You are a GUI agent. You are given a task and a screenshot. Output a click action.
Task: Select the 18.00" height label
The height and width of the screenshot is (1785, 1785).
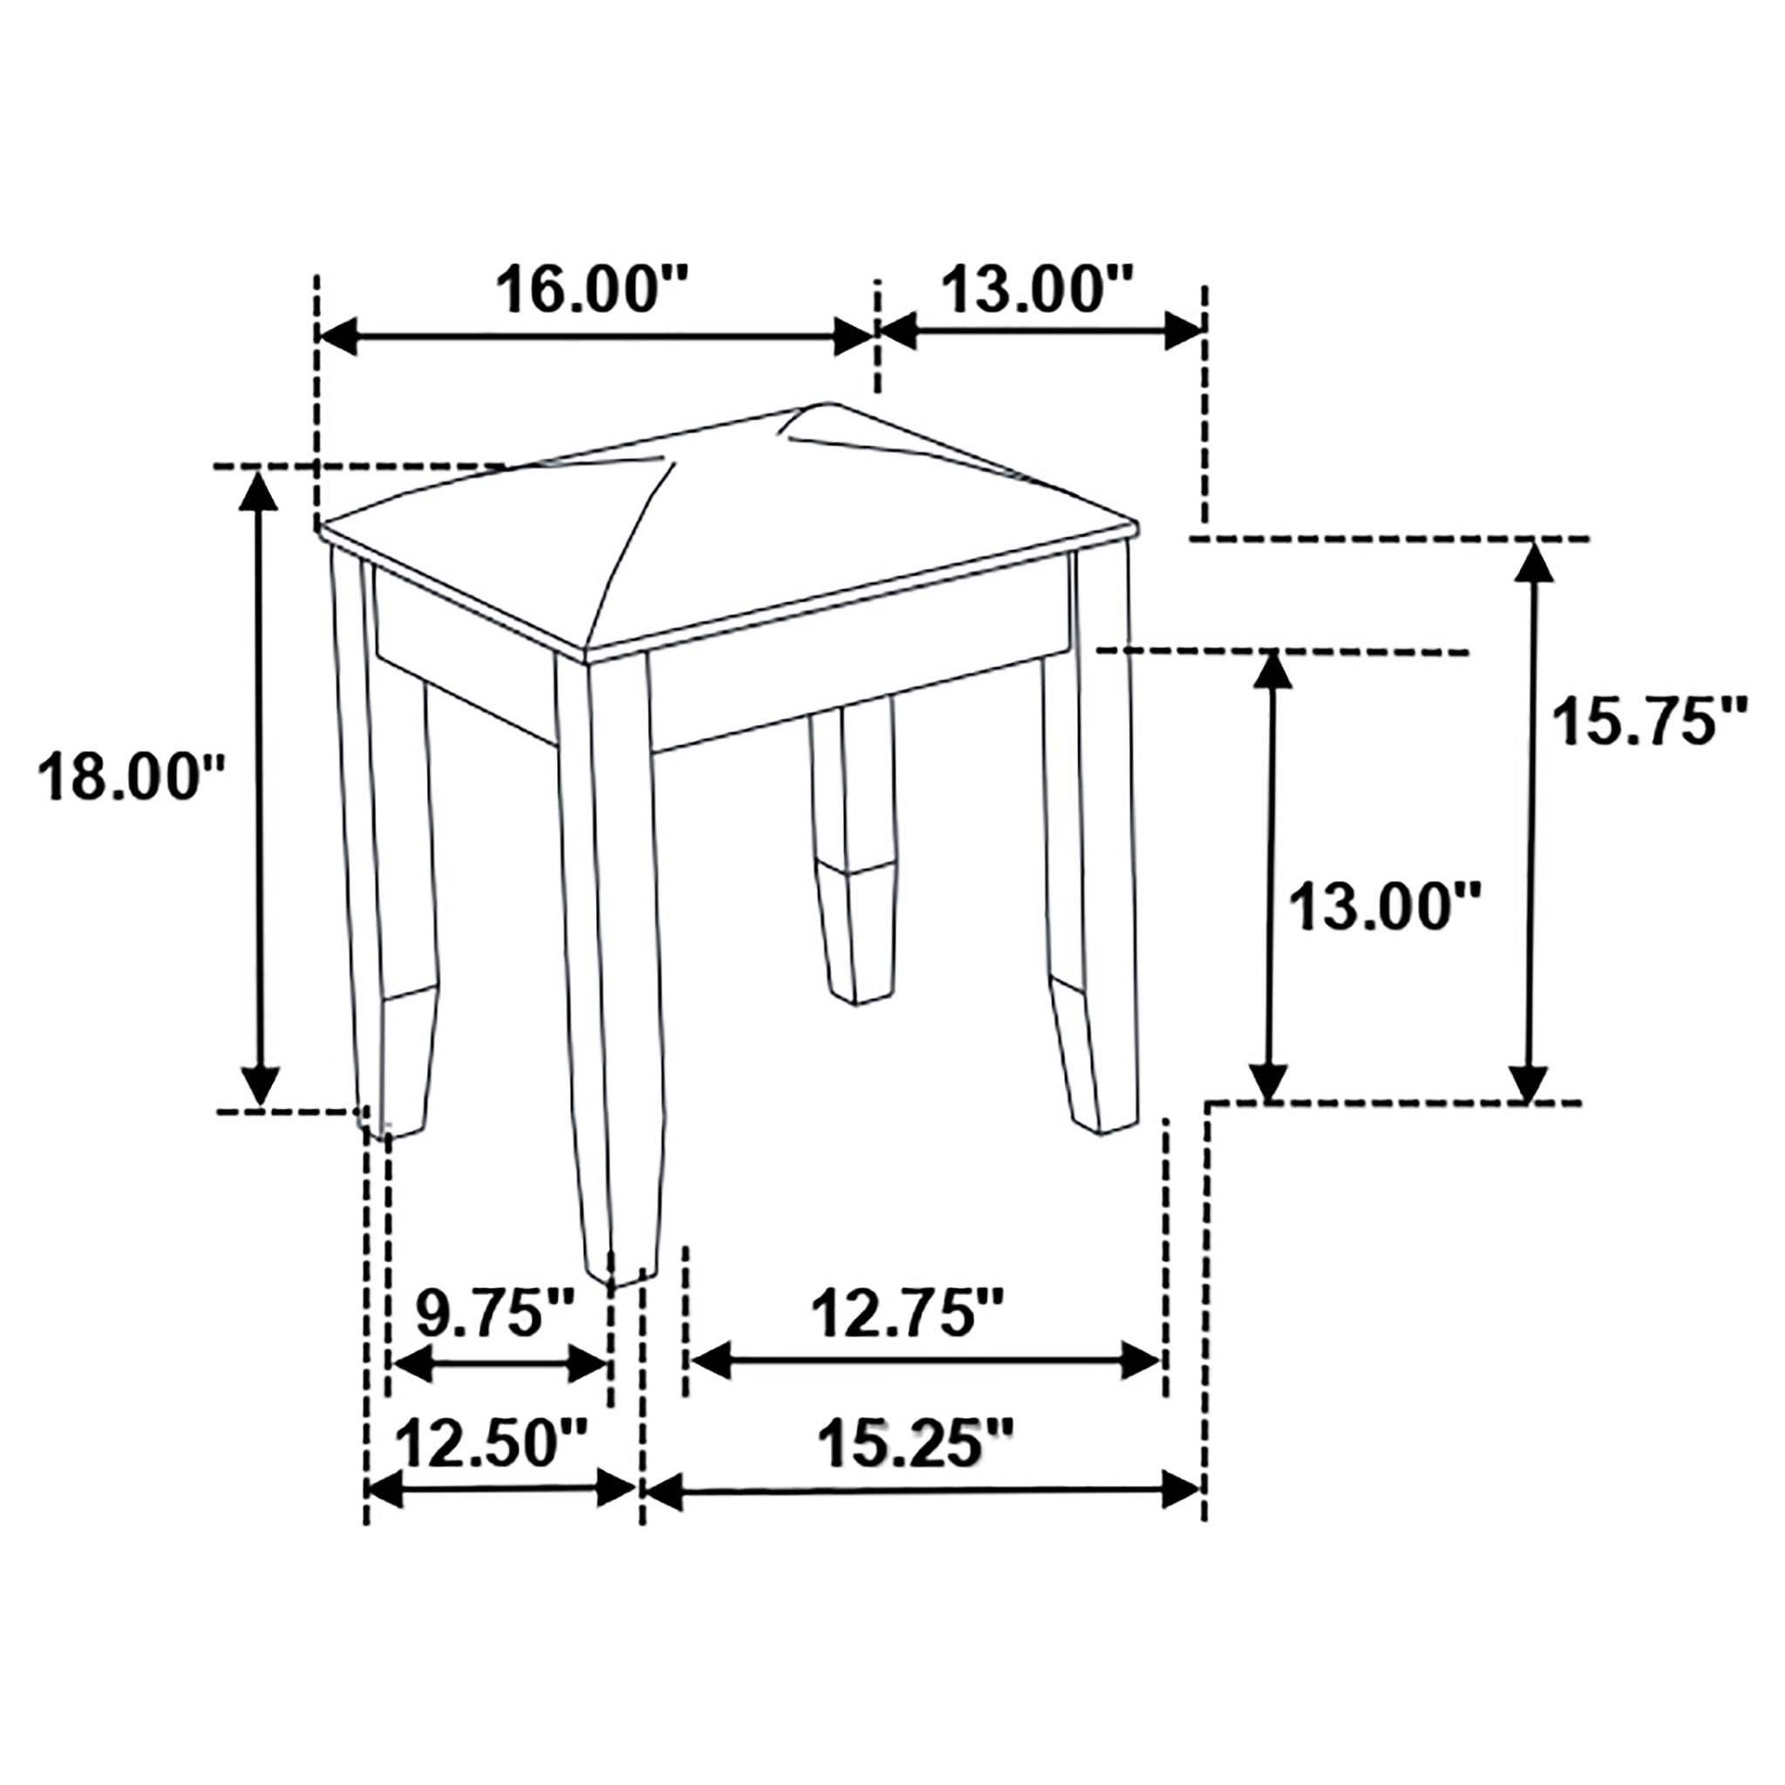point(132,777)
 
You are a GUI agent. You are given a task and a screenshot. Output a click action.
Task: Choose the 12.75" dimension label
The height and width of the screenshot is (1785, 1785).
point(906,1313)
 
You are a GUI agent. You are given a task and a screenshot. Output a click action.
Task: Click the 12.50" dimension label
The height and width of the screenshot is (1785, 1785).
point(492,1443)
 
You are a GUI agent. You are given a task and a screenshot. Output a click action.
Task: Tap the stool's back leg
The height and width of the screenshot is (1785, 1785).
point(852,850)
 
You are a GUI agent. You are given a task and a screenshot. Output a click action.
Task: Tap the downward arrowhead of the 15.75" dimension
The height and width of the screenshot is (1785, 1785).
point(1528,1081)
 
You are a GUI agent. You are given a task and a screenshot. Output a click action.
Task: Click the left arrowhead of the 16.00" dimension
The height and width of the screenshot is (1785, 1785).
point(337,337)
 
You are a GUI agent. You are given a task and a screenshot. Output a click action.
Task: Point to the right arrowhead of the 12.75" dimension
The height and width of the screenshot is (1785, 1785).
point(1141,1361)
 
